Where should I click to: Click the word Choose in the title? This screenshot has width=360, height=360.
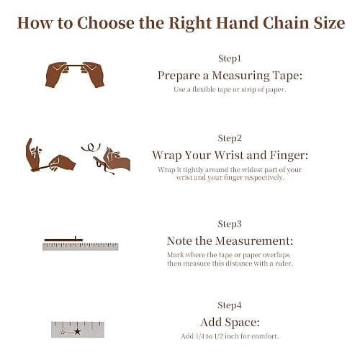pyautogui.click(x=106, y=24)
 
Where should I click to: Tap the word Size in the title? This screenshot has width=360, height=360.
pyautogui.click(x=329, y=23)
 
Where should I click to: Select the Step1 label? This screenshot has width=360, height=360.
pyautogui.click(x=230, y=59)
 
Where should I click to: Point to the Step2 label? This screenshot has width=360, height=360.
pyautogui.click(x=230, y=138)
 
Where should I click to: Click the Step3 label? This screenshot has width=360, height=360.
pyautogui.click(x=230, y=224)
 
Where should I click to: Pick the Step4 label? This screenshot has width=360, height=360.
pyautogui.click(x=230, y=305)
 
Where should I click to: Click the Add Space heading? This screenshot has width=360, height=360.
pyautogui.click(x=230, y=323)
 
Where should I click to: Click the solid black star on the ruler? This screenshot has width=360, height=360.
pyautogui.click(x=77, y=332)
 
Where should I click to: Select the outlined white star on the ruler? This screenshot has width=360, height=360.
pyautogui.click(x=63, y=333)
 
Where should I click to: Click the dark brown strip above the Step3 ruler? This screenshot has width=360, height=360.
pyautogui.click(x=63, y=240)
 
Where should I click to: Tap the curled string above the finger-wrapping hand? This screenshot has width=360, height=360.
pyautogui.click(x=91, y=147)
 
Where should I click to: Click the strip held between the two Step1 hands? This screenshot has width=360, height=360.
pyautogui.click(x=75, y=65)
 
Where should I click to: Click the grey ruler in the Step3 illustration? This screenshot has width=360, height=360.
pyautogui.click(x=81, y=247)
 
